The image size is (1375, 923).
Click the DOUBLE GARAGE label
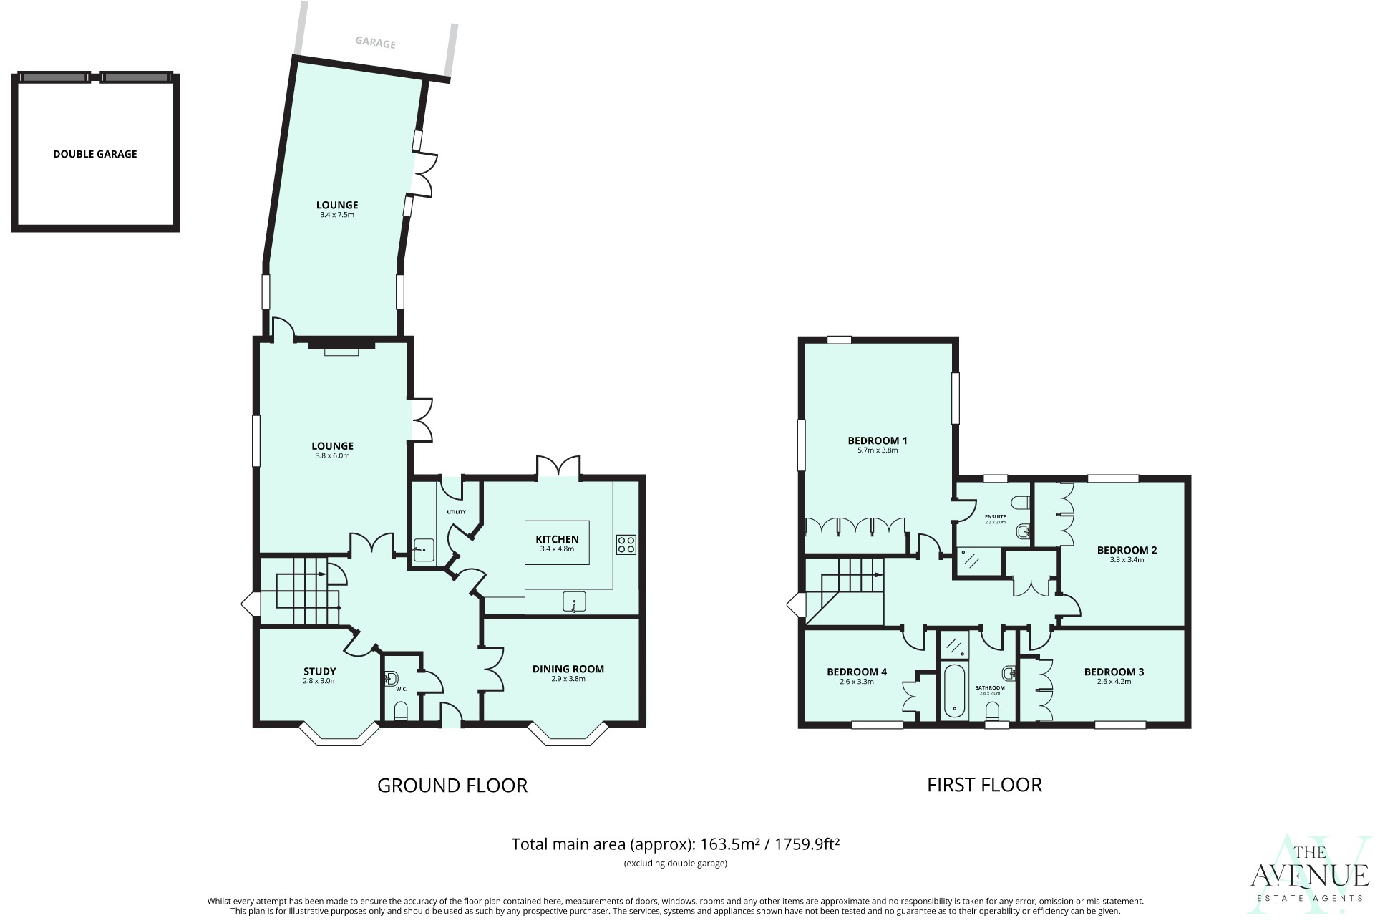click(x=95, y=154)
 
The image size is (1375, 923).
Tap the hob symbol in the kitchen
click(x=626, y=544)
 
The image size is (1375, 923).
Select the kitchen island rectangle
click(x=557, y=542)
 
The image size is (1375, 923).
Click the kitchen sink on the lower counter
click(x=574, y=602)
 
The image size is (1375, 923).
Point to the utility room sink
click(x=422, y=550)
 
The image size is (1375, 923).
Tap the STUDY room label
click(x=319, y=672)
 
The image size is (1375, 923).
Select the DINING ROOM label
click(x=568, y=669)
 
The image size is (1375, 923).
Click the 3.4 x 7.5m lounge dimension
click(x=337, y=215)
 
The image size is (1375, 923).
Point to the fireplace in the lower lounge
click(x=341, y=347)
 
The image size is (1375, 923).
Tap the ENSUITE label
click(x=995, y=516)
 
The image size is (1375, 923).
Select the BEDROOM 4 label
click(x=856, y=672)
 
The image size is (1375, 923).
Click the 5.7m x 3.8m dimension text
click(x=877, y=450)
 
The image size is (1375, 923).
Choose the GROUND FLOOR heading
click(x=452, y=786)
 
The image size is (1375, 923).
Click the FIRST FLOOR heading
click(x=983, y=785)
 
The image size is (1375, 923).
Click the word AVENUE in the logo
click(x=1309, y=876)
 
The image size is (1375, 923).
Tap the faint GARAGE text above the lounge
click(x=376, y=43)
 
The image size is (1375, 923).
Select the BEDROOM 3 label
click(x=1113, y=672)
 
